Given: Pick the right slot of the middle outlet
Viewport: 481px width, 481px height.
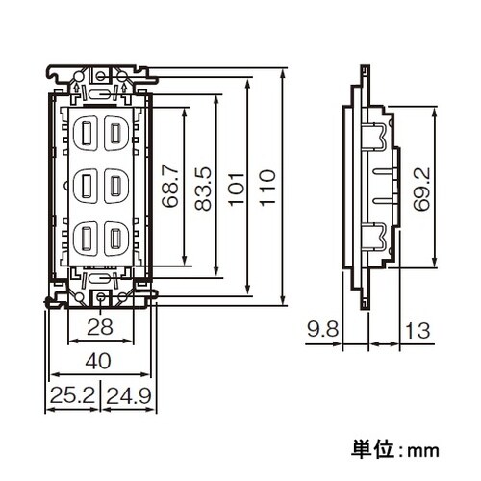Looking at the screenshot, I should coord(114,182).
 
